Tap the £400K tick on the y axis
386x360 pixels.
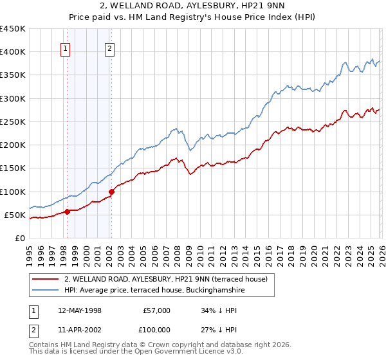(12, 52)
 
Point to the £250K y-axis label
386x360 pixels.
(12, 122)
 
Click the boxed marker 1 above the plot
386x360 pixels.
(66, 48)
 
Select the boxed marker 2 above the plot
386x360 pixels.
(110, 48)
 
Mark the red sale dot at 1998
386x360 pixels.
(67, 212)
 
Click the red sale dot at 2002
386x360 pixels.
(111, 192)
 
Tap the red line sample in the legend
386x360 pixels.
(45, 279)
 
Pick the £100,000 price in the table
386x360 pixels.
(157, 330)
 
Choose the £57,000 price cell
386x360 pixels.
(157, 310)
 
